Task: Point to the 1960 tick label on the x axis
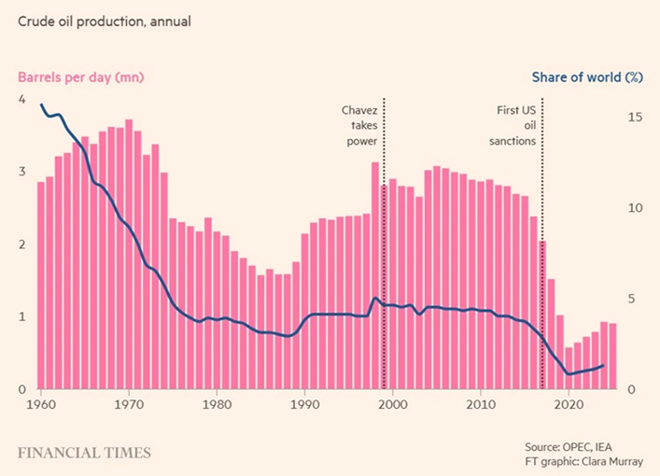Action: (41, 406)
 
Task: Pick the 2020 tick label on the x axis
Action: (569, 406)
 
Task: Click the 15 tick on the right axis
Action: (635, 118)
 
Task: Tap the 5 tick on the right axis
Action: (631, 299)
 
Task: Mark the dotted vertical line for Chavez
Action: (384, 233)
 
